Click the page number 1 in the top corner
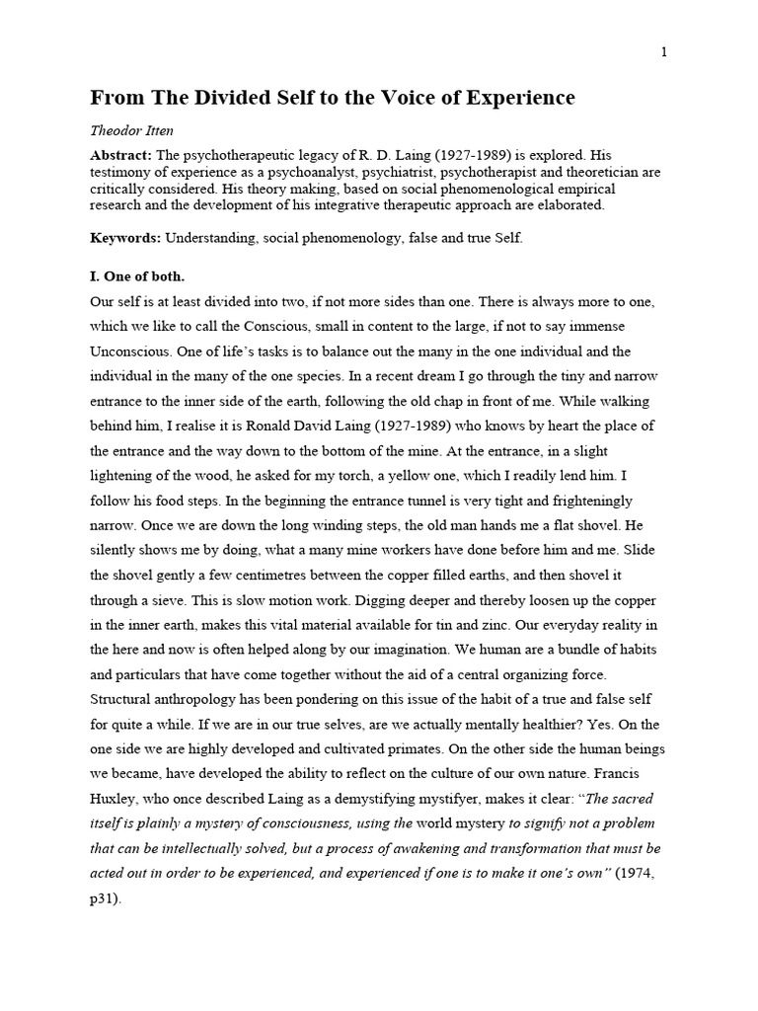point(664,52)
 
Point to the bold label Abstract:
point(121,155)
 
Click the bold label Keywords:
point(125,238)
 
